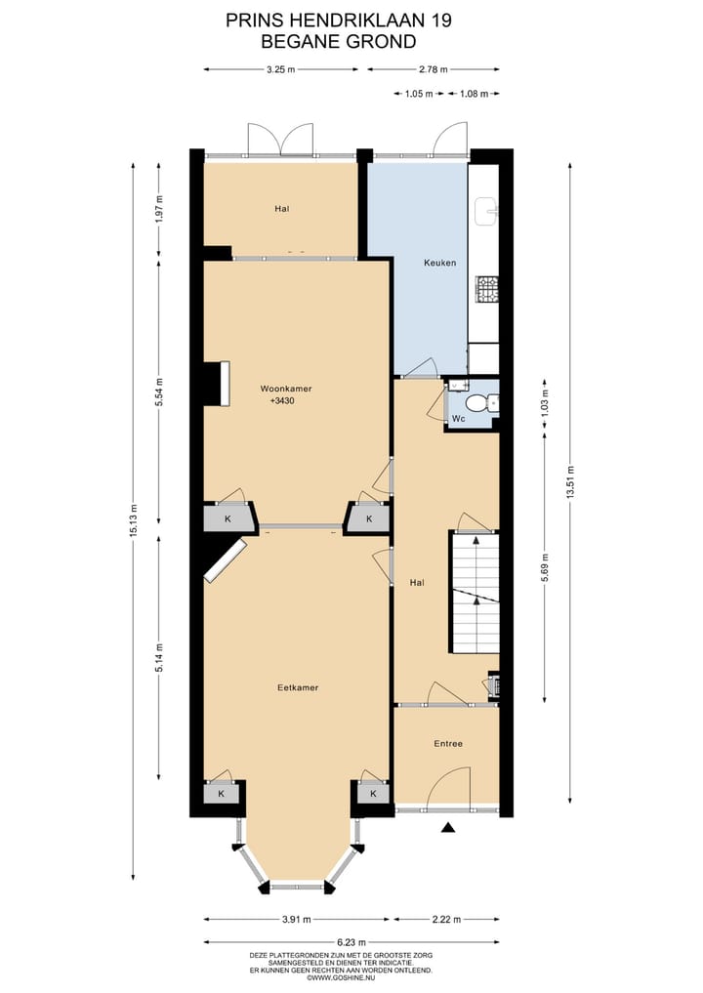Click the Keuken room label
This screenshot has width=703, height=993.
pos(439,263)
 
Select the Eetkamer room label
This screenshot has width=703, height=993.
pos(298,687)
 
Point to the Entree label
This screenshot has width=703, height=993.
pos(448,744)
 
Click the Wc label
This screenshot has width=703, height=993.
pos(458,420)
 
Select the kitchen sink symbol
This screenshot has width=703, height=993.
pos(486,208)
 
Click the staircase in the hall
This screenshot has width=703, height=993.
pos(475,593)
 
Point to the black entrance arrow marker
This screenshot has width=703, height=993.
pos(448,828)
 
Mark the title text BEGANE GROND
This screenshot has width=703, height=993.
pos(324,41)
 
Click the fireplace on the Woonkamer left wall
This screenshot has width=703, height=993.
pos(218,382)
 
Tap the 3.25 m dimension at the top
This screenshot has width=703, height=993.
pos(280,69)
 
